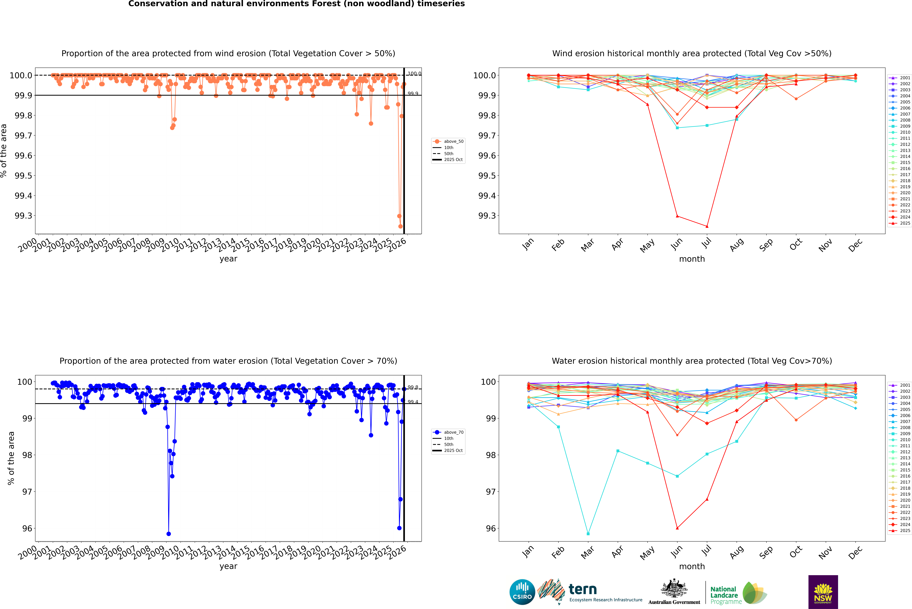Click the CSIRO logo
point(522,592)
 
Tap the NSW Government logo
point(823,592)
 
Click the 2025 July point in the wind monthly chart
point(707,226)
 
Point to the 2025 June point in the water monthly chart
point(677,528)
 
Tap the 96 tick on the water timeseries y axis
point(27,529)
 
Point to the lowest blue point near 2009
point(168,534)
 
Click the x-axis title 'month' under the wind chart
point(692,259)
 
